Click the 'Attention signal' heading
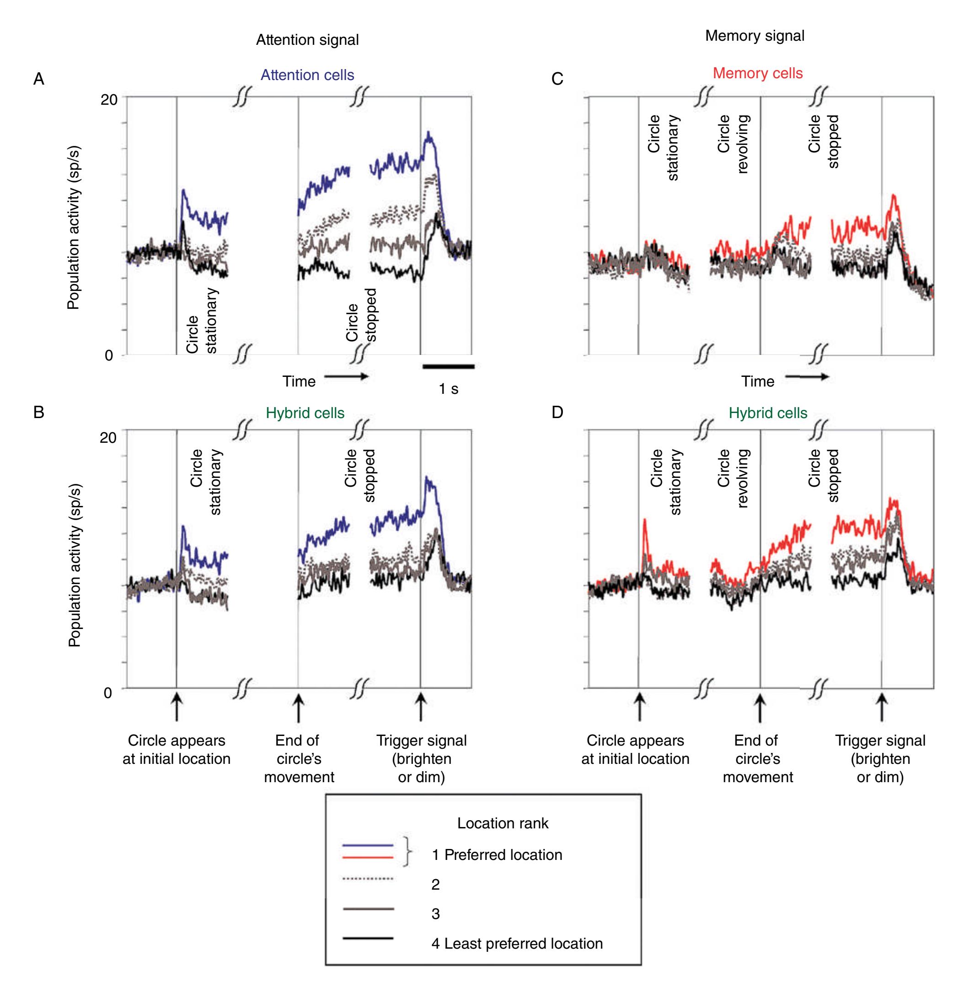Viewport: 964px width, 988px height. click(307, 40)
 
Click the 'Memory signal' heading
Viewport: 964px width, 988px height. click(754, 36)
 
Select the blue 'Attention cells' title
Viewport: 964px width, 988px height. click(307, 75)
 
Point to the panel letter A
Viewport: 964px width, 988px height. click(38, 80)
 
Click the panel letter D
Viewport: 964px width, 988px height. click(557, 413)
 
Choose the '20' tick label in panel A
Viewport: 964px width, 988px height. click(108, 100)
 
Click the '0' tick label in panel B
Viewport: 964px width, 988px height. click(108, 692)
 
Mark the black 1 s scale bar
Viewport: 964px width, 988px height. click(448, 366)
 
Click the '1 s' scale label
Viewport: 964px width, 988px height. click(448, 388)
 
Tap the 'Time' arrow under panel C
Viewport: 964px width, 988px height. click(807, 377)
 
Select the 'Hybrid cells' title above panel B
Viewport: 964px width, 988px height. click(305, 413)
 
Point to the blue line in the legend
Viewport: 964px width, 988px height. click(368, 845)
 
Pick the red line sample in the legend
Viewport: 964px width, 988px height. click(368, 857)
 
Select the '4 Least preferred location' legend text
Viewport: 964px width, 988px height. click(517, 944)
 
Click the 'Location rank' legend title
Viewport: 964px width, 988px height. click(502, 823)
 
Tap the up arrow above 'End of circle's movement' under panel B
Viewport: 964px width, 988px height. click(298, 708)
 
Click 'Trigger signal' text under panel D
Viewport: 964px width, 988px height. click(880, 741)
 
